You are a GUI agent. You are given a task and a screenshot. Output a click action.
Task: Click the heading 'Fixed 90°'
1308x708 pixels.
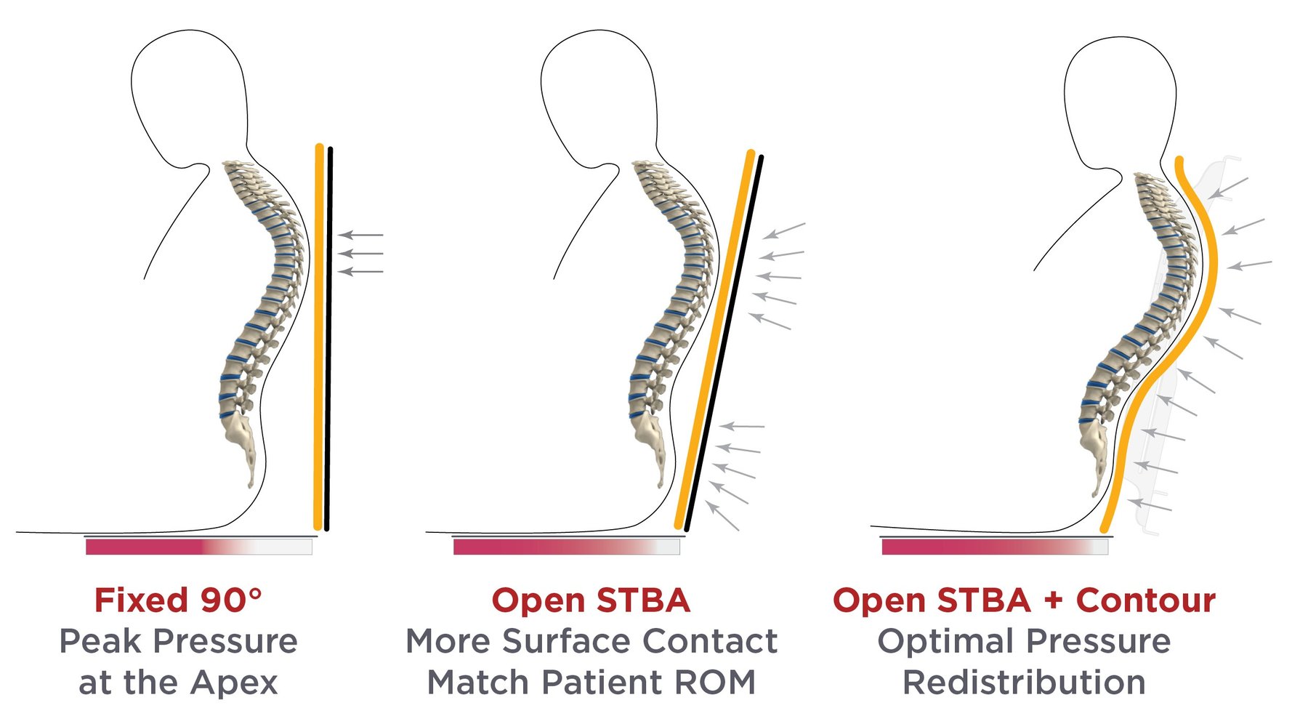click(177, 600)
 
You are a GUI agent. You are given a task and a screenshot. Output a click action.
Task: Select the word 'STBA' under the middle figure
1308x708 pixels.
click(642, 600)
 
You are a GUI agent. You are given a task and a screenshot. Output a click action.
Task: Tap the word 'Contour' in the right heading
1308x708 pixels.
click(1145, 600)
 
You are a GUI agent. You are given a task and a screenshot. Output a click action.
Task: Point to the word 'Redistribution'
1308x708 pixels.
click(1024, 683)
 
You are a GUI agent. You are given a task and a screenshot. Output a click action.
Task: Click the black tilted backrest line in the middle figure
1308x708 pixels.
click(724, 342)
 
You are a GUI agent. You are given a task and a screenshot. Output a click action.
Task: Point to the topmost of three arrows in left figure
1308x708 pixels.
click(361, 235)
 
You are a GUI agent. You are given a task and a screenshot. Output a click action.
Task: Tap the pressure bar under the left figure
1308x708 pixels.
click(198, 547)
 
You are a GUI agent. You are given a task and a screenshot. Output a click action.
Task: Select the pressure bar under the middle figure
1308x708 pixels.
click(566, 547)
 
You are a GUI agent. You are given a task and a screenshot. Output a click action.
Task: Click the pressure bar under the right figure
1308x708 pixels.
click(994, 547)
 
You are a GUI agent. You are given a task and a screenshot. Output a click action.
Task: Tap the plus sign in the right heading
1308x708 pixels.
click(1053, 601)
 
